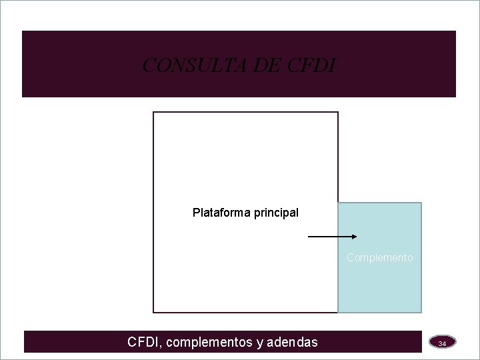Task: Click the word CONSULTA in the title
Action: tap(179, 65)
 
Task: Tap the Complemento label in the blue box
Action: tap(379, 257)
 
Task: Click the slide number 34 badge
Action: tap(442, 343)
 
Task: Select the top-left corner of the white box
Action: tap(154, 112)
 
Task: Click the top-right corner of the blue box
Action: tap(421, 203)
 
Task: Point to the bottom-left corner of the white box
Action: tap(154, 312)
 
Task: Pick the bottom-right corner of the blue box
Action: tap(421, 312)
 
